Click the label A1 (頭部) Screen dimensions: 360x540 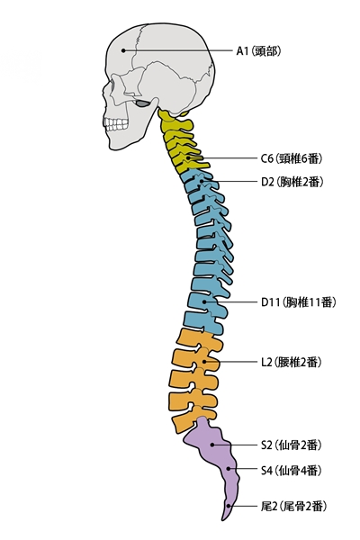258,51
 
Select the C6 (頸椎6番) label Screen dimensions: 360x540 292,158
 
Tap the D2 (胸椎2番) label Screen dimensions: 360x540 292,182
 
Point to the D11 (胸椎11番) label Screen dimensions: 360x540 298,302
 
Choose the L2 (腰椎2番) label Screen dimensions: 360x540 291,362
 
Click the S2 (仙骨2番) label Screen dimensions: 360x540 292,445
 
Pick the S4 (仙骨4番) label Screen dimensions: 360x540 292,470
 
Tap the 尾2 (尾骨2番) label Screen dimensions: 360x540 293,506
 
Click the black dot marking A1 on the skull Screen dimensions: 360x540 123,50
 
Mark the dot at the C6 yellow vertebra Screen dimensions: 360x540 188,158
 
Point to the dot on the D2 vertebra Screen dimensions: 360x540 202,181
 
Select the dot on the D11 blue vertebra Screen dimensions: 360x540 204,301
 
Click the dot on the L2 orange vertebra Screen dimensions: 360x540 204,362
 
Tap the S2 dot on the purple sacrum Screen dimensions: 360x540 212,445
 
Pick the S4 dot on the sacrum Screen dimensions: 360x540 229,469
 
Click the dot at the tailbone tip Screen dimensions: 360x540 229,506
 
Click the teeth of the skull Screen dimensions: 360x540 116,124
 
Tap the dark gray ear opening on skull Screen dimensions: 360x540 142,103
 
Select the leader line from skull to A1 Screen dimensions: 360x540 178,50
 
